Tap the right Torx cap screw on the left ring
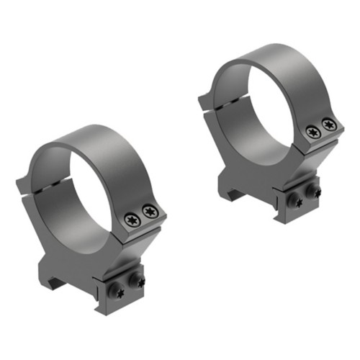tap(150, 211)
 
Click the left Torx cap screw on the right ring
tap(312, 132)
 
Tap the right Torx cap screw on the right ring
tap(329, 125)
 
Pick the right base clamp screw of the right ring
tap(314, 192)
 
